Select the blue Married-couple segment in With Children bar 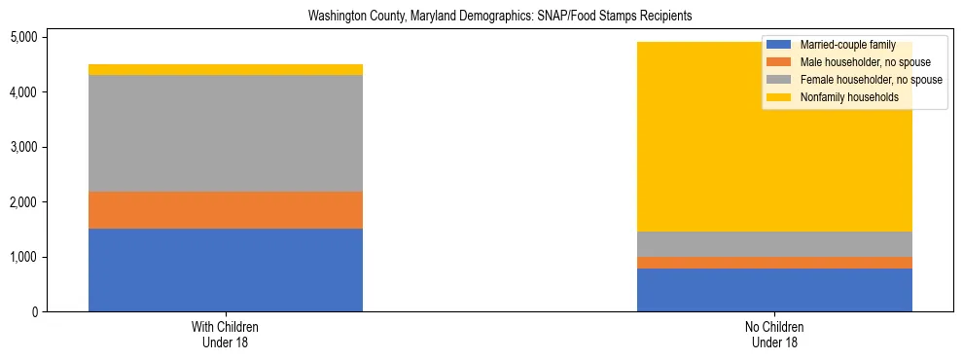(x=225, y=270)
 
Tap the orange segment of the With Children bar (x=225, y=210)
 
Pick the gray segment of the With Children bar (x=225, y=133)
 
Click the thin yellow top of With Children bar (x=225, y=69)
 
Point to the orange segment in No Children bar (x=774, y=263)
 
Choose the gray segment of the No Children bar (x=774, y=244)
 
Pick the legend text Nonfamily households (x=843, y=97)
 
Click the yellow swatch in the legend (x=779, y=97)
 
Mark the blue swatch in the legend (x=779, y=45)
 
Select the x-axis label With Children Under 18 (x=225, y=335)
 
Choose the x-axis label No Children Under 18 (x=774, y=335)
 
